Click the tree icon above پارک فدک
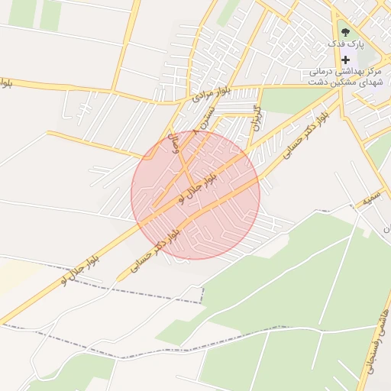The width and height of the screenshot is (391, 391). point(345,33)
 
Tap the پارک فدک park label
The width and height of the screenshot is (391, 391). point(346,44)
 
